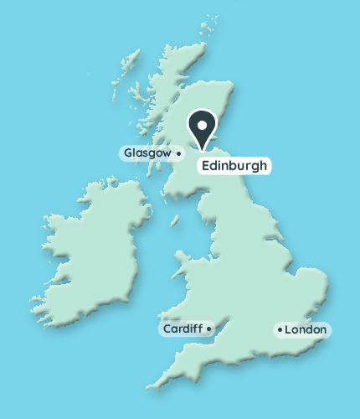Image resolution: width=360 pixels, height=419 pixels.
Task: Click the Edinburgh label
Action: pyautogui.click(x=234, y=166)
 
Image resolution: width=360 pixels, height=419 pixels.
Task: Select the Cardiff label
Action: pyautogui.click(x=182, y=329)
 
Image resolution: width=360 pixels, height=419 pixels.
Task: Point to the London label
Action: pyautogui.click(x=305, y=330)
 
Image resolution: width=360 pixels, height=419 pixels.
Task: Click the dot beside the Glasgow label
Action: pyautogui.click(x=178, y=154)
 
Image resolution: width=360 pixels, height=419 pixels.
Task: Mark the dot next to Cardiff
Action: pyautogui.click(x=208, y=329)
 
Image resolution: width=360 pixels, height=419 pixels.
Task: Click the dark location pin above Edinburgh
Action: pyautogui.click(x=202, y=127)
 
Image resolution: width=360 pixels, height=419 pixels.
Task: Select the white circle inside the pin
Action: pyautogui.click(x=202, y=123)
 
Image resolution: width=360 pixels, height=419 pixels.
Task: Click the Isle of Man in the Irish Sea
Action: pyautogui.click(x=176, y=221)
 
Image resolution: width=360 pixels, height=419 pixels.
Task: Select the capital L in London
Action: pyautogui.click(x=288, y=330)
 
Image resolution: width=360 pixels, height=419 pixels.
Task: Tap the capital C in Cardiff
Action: pyautogui.click(x=167, y=329)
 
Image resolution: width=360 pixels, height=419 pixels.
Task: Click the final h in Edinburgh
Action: pyautogui.click(x=263, y=166)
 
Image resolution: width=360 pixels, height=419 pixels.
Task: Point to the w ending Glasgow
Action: pyautogui.click(x=168, y=153)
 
